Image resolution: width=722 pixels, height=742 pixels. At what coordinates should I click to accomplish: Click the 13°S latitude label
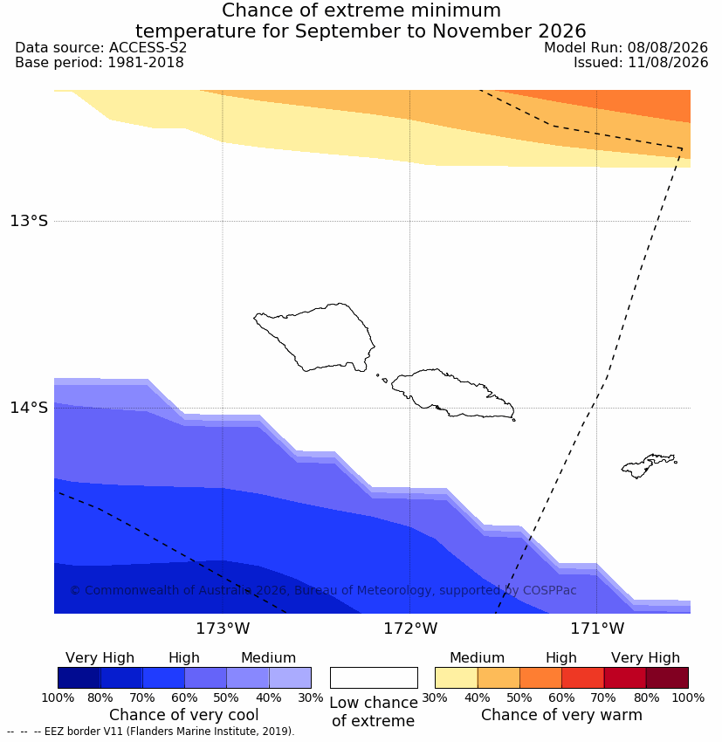coord(29,221)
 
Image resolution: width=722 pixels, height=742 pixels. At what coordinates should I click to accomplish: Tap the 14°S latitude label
coord(29,408)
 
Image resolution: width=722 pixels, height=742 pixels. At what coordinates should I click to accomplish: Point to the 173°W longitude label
coord(223,629)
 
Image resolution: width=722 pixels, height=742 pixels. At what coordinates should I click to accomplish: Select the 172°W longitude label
coord(409,629)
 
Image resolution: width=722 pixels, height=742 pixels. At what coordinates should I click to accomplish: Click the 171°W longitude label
coord(597,629)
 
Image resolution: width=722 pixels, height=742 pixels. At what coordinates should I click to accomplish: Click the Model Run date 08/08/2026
coord(668,48)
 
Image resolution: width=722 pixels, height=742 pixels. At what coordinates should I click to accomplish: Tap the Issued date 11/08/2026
coord(668,63)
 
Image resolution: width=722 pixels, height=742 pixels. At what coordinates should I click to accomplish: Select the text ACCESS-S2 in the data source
coord(148,48)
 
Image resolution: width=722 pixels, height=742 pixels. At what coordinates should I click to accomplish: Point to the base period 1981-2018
coord(145,63)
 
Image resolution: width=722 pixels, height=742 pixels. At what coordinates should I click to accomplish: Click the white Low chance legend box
coord(374,677)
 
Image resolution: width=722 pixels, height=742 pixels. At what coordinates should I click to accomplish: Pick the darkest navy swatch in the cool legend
coord(79,677)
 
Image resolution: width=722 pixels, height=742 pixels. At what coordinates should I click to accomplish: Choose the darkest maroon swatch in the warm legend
coord(667,677)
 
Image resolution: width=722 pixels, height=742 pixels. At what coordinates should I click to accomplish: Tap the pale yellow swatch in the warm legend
coord(456,677)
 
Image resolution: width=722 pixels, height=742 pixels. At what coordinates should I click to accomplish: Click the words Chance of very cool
coord(183,715)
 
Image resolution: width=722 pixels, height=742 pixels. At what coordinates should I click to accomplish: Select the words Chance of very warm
coord(561,715)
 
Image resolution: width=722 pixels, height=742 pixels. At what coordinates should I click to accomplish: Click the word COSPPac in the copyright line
coord(549,590)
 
